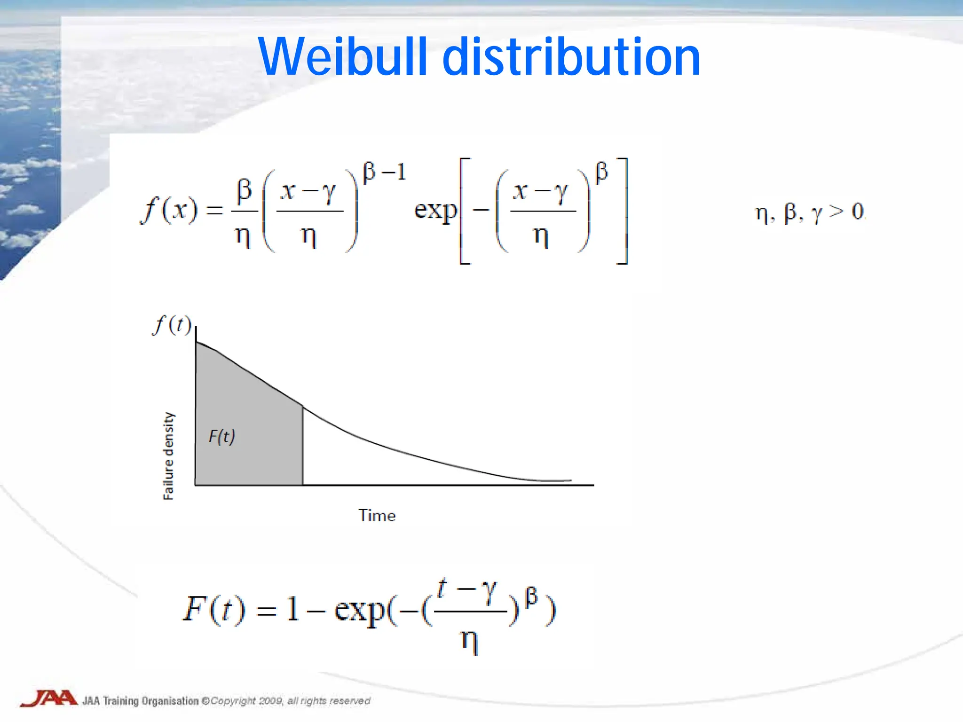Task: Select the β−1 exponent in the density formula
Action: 384,172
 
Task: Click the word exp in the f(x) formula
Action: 435,211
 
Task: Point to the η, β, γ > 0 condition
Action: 810,212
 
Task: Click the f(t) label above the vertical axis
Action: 172,325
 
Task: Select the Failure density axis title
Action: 168,456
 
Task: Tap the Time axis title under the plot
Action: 377,516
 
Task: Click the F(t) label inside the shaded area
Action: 221,437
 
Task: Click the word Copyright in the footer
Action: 233,701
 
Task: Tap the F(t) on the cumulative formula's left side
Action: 214,609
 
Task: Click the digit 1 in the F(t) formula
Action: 293,609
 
